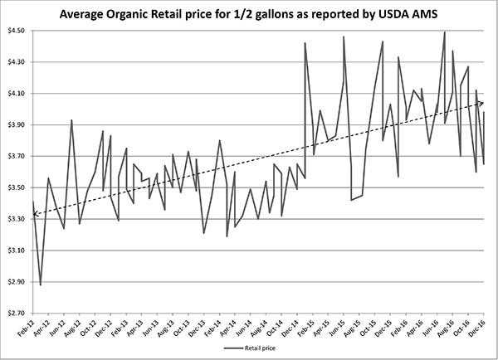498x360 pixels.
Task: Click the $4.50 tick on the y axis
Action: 16,30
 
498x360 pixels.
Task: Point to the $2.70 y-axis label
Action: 16,313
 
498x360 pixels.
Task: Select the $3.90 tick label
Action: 16,124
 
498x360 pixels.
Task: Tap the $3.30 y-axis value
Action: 16,219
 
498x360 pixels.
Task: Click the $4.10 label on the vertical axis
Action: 16,93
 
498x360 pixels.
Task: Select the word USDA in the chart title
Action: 399,13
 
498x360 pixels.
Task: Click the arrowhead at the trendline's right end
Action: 483,103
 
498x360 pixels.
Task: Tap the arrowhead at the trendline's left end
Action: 36,215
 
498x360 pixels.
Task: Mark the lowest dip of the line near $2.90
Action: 41,285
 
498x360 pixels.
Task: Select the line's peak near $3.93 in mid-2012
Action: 71,120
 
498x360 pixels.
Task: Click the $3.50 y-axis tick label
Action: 16,187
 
